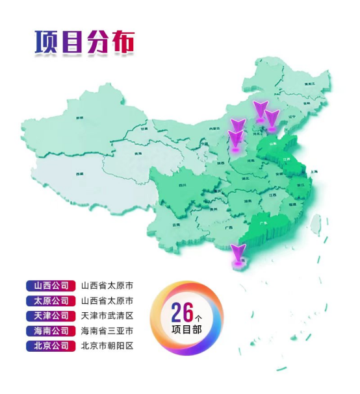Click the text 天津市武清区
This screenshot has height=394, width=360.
(x=107, y=316)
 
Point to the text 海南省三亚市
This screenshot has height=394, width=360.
(x=107, y=331)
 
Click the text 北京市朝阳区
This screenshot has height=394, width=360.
(x=107, y=346)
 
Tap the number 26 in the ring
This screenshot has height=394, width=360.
(x=183, y=312)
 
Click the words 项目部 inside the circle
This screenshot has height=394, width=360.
(x=188, y=330)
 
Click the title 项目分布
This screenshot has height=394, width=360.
(x=84, y=42)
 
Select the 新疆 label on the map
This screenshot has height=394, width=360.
(x=80, y=117)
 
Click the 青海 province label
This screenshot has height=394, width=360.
(x=138, y=154)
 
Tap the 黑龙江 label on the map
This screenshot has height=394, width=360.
(x=309, y=84)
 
